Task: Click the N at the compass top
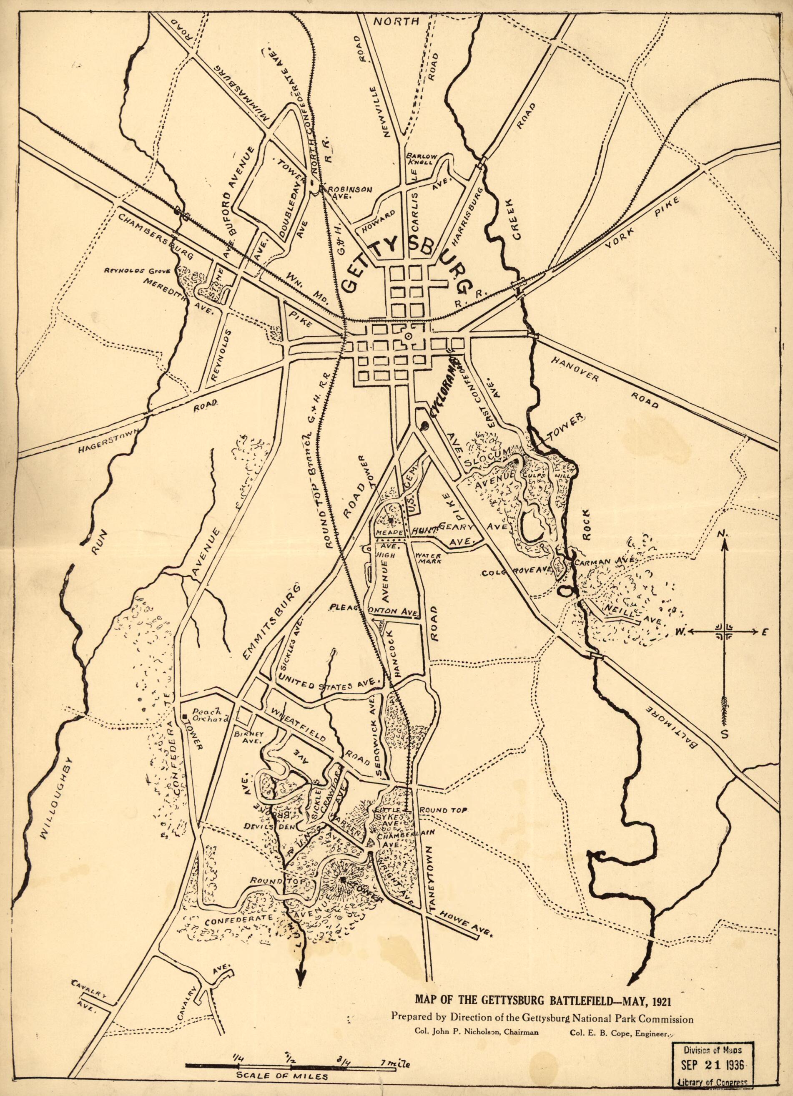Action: click(723, 533)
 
